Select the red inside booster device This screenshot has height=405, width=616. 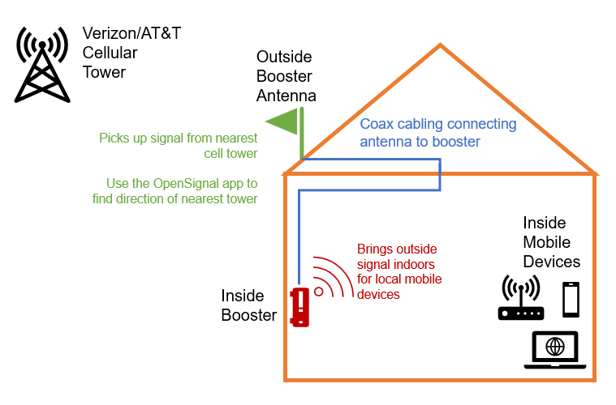click(301, 307)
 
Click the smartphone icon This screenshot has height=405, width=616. click(571, 300)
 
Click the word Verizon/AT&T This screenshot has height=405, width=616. click(131, 34)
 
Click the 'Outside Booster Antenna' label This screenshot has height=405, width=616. click(286, 76)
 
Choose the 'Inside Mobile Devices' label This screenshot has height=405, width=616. click(551, 241)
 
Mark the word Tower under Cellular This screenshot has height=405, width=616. click(105, 71)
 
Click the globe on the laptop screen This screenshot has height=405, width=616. click(555, 347)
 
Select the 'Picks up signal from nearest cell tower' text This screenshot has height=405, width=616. click(179, 146)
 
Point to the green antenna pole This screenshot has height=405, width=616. click(301, 134)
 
